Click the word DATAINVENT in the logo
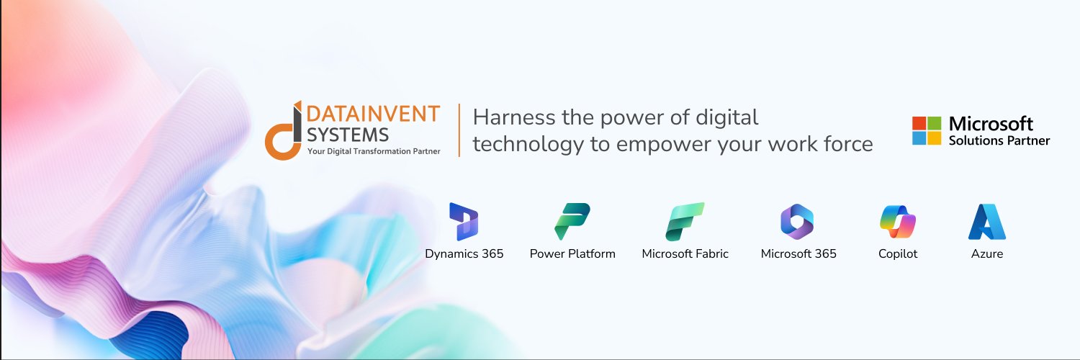point(373,114)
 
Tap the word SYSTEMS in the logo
point(347,134)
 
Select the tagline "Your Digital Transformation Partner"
point(373,151)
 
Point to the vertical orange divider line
point(459,130)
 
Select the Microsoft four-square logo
point(927,130)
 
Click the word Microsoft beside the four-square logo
point(991,123)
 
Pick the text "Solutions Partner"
point(999,141)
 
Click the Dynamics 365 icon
point(464,221)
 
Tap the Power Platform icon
point(572,221)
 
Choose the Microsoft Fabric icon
point(685,221)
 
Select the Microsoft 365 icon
point(797,221)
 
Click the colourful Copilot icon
point(898,221)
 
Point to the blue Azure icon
point(986,221)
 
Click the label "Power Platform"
point(572,253)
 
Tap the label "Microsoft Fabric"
point(685,253)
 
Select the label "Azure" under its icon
point(986,253)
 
